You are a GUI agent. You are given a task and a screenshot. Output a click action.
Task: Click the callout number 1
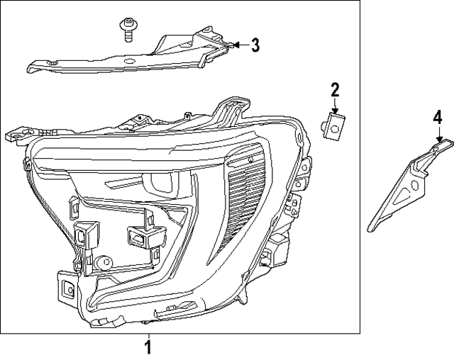coord(148,347)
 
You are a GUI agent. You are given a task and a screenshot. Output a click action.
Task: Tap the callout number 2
coord(334,90)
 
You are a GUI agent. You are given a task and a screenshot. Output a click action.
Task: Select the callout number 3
coord(255,45)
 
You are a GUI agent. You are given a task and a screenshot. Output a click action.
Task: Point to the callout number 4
coord(438,116)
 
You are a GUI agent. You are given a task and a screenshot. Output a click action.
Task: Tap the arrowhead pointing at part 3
coord(237,45)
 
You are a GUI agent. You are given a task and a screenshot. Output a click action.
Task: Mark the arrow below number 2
coord(335,106)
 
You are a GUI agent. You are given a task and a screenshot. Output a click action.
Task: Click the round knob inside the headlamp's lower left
coord(103,261)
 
